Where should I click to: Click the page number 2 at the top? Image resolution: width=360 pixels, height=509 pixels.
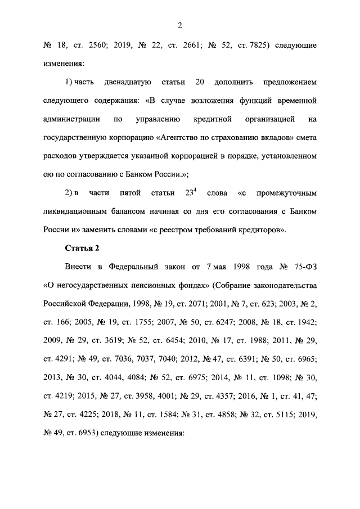[x=180, y=25]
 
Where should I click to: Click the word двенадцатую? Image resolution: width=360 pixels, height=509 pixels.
[x=127, y=82]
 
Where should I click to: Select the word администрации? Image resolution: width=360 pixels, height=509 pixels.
[x=72, y=119]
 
